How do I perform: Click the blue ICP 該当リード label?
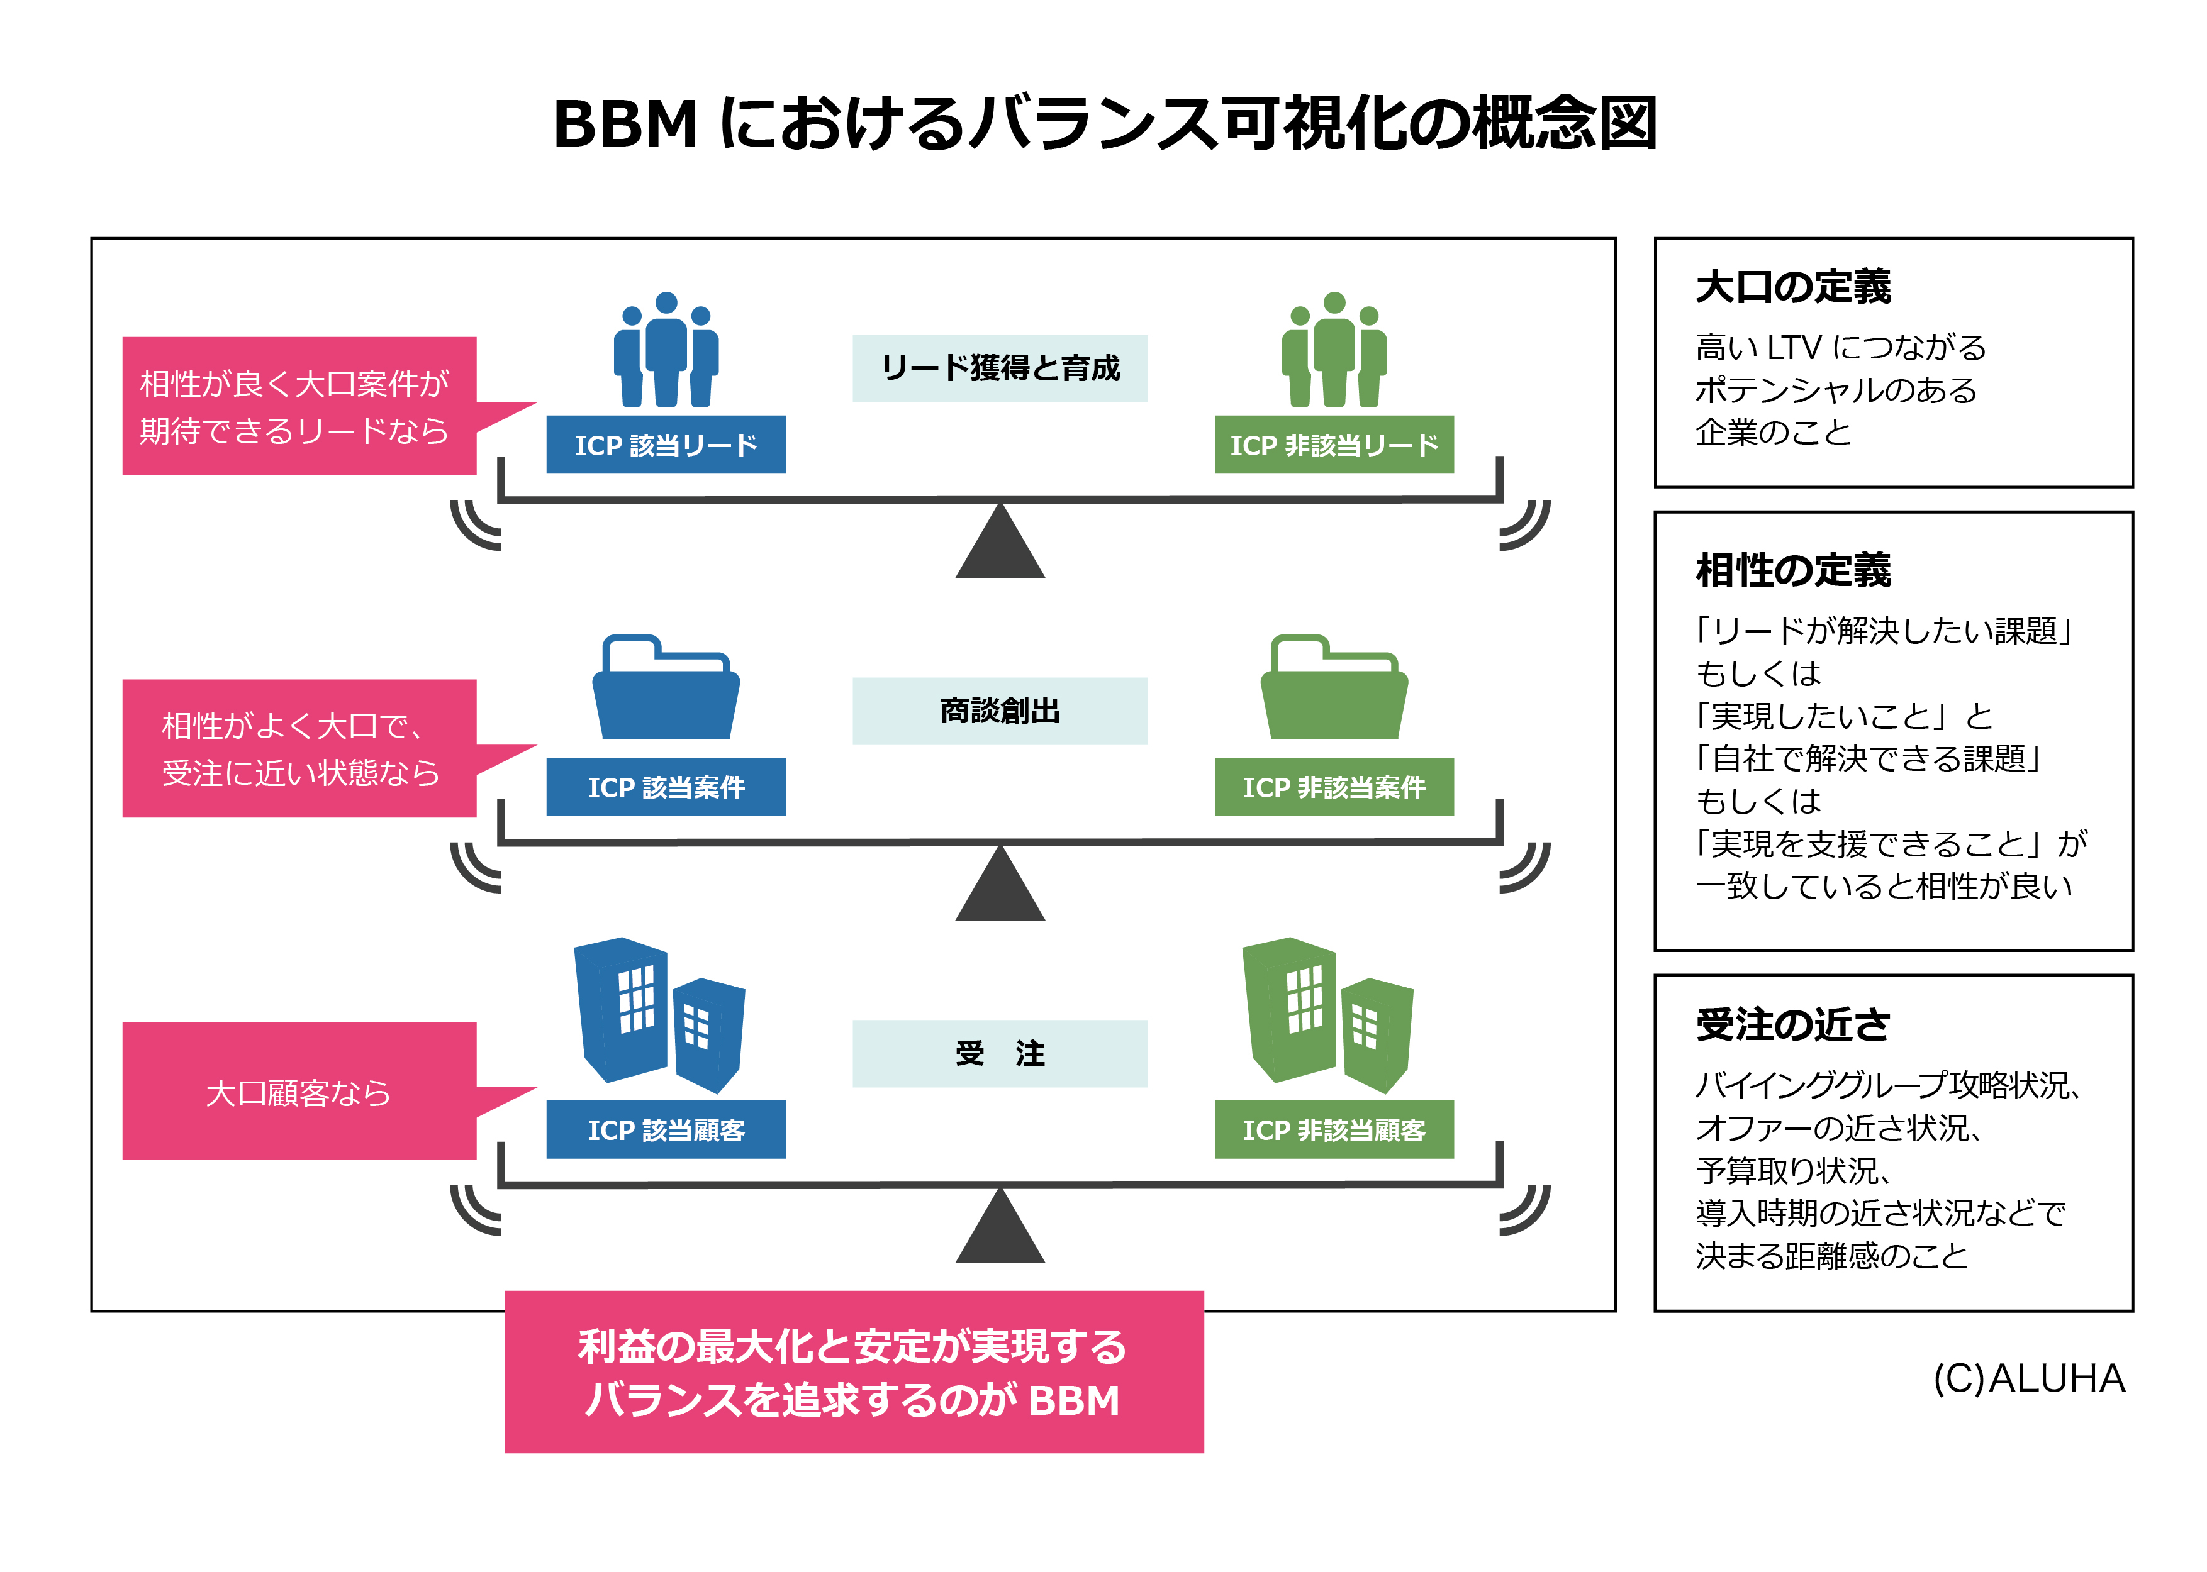(x=665, y=445)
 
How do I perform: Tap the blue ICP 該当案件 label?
(x=665, y=787)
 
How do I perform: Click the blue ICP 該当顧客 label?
(x=665, y=1129)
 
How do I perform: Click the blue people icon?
(x=665, y=350)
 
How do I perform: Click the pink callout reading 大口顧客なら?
(x=298, y=1091)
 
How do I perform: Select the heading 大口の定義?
(x=1792, y=287)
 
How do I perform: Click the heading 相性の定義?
(x=1792, y=570)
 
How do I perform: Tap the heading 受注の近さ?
(x=1792, y=1024)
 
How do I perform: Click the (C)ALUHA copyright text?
(x=2028, y=1378)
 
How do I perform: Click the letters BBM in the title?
(x=625, y=124)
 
